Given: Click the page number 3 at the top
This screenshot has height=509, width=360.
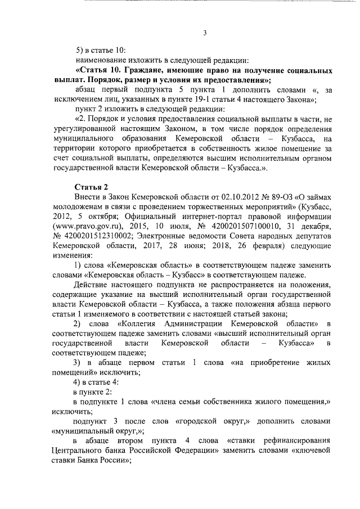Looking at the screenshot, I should (x=205, y=33).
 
